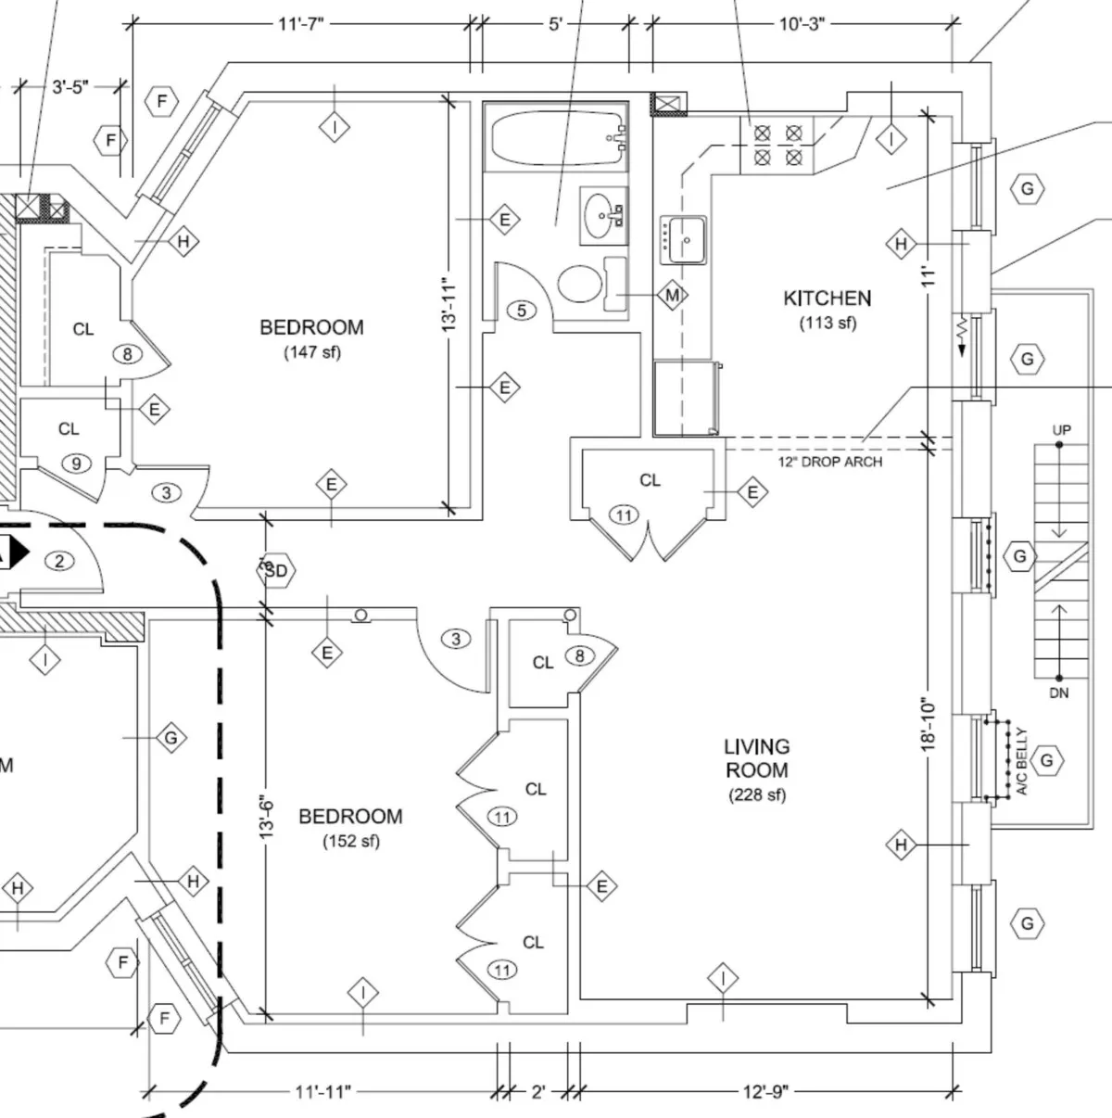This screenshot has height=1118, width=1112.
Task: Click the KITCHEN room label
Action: click(827, 299)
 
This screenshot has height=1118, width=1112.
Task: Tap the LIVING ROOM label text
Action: click(757, 758)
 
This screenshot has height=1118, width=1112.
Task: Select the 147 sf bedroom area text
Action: click(311, 352)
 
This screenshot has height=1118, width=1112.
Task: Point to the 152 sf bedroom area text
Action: click(351, 842)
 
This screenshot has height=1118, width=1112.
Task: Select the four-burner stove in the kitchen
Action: click(777, 146)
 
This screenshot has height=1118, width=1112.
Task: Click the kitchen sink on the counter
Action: click(684, 240)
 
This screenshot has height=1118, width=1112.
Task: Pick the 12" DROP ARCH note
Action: click(829, 462)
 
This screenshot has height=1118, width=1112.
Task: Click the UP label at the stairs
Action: click(1062, 431)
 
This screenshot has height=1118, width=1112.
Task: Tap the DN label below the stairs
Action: click(1059, 692)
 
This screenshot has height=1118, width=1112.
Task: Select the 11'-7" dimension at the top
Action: click(302, 24)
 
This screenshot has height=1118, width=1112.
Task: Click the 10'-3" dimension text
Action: click(801, 24)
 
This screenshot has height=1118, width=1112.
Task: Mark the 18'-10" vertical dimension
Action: click(929, 723)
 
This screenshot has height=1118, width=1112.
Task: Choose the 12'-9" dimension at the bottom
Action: click(765, 1092)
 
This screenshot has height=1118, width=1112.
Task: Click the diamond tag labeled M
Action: click(673, 296)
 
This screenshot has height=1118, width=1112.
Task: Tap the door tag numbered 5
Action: click(522, 311)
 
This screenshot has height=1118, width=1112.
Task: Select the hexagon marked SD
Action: click(276, 571)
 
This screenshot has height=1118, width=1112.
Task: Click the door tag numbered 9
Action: click(76, 463)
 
